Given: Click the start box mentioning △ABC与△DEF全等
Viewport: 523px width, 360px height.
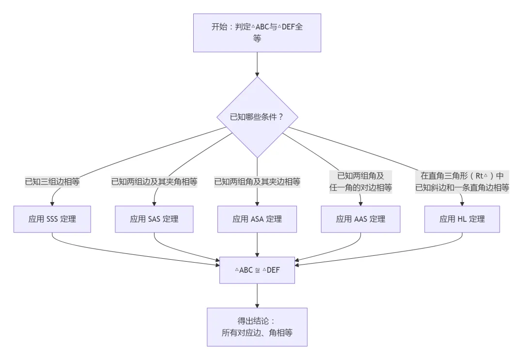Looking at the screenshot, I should point(257,32).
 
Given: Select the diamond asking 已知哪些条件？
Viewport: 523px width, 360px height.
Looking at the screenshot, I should point(257,117).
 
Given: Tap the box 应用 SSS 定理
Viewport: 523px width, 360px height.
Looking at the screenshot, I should point(52,219).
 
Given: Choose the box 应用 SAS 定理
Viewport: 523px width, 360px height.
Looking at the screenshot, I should point(154,219).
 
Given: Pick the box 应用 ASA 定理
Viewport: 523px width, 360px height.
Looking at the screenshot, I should point(257,219).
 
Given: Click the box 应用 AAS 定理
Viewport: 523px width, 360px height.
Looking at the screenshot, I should point(360,219).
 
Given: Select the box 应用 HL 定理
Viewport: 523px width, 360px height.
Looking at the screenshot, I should point(462,219).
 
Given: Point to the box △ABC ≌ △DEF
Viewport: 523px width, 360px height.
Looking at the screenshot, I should point(257,270).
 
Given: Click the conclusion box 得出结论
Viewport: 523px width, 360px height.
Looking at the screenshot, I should point(257,327).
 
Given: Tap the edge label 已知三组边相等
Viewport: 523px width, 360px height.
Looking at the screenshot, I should point(52,182).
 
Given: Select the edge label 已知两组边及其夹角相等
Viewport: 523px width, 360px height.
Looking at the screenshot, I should point(154,182).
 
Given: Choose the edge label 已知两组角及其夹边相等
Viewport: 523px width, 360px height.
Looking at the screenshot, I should point(257,182).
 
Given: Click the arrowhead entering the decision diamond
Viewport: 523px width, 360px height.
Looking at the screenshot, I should point(257,74).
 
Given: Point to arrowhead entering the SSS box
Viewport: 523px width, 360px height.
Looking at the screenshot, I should point(52,203).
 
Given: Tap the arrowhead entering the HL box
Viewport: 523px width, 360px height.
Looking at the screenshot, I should point(462,203).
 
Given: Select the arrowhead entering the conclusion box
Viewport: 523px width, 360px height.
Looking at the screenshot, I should point(257,305).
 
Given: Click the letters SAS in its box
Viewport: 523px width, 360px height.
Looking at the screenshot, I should point(154,219).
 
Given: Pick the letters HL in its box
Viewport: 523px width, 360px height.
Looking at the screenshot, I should point(462,219).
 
